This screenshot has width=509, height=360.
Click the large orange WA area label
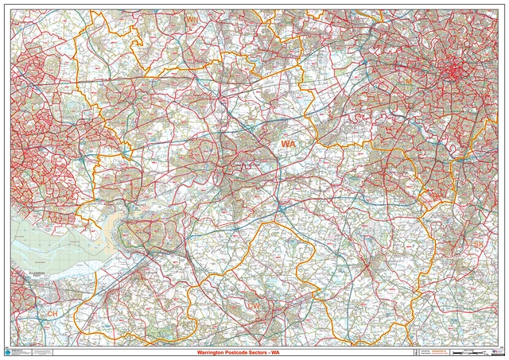(x=288, y=144)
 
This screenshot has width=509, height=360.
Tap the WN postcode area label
(x=192, y=19)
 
